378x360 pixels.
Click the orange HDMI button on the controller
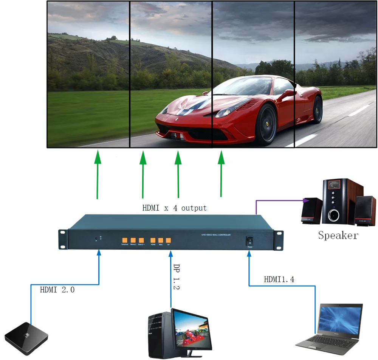pyautogui.click(x=153, y=240)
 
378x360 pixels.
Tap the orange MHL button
pyautogui.click(x=161, y=240)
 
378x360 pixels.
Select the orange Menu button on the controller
pyautogui.click(x=133, y=240)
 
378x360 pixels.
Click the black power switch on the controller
pyautogui.click(x=250, y=241)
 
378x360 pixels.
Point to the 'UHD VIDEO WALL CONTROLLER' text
pyautogui.click(x=216, y=235)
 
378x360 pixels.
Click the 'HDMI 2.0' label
pyautogui.click(x=57, y=290)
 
